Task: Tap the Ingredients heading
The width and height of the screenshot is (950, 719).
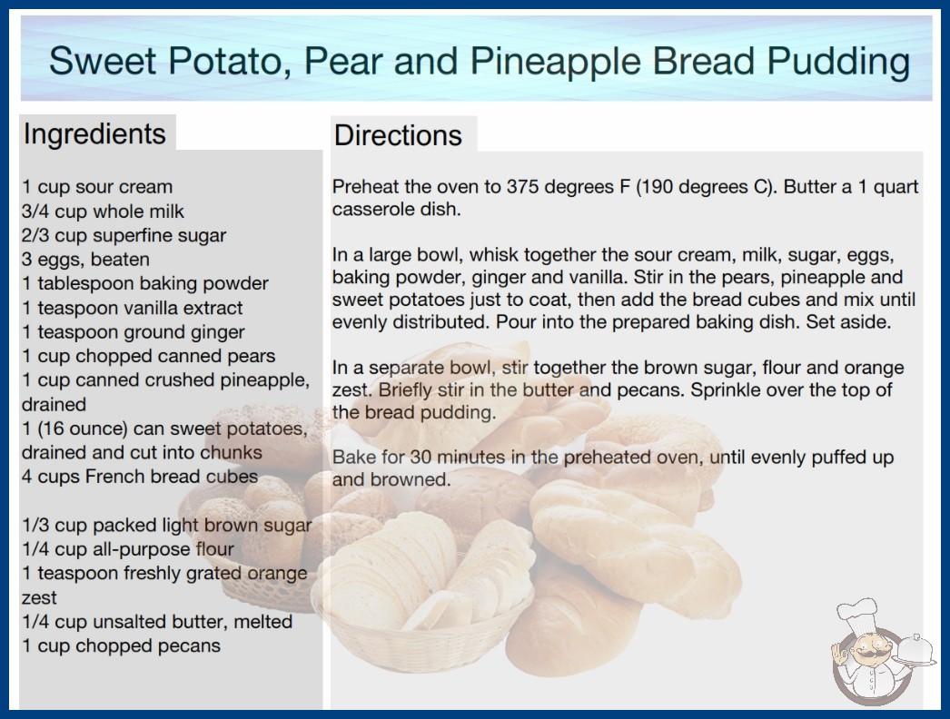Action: [x=94, y=134]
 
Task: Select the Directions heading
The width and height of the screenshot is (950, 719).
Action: [x=398, y=135]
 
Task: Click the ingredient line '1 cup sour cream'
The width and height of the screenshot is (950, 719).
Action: [x=97, y=187]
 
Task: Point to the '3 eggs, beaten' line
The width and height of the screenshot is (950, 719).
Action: [x=85, y=260]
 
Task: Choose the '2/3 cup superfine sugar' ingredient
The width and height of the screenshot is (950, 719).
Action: [x=124, y=235]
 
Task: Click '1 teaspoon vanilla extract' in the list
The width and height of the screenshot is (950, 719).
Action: [x=132, y=308]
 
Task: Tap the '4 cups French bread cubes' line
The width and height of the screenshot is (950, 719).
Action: [x=139, y=477]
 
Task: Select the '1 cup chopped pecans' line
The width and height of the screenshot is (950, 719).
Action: [x=121, y=645]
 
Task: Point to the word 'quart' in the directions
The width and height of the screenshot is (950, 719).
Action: [x=896, y=187]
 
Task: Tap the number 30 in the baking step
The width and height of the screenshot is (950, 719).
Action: [x=420, y=457]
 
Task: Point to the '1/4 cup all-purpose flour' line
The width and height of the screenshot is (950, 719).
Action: [x=128, y=549]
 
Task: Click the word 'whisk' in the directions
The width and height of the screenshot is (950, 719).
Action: [x=494, y=254]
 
